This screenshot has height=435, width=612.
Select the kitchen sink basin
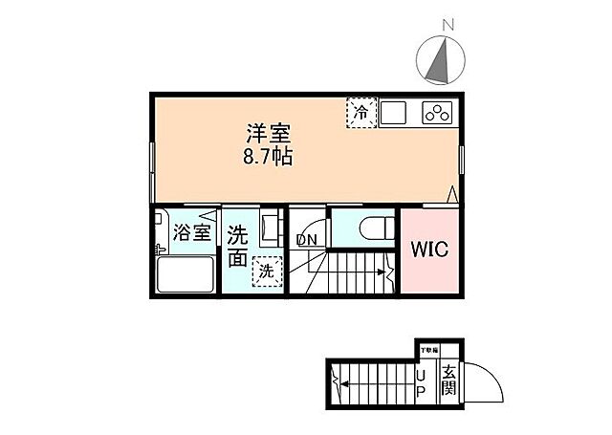(395, 112)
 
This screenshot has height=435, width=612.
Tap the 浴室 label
(191, 232)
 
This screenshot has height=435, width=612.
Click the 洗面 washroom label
(238, 246)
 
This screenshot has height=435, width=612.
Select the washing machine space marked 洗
(267, 272)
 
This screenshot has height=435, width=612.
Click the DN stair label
(306, 239)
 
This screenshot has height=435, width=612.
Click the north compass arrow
(438, 59)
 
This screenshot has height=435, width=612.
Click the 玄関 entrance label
(448, 381)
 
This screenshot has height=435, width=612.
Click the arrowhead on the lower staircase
(337, 386)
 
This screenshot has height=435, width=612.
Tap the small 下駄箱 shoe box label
(427, 351)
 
